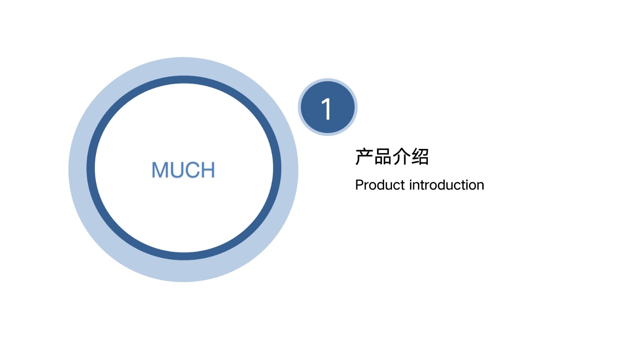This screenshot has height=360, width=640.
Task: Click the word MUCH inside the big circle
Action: pyautogui.click(x=183, y=170)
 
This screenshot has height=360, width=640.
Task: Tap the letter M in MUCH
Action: pyautogui.click(x=160, y=170)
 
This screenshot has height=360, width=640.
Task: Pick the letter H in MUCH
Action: pyautogui.click(x=208, y=170)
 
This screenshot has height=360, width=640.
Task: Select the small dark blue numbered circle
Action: pyautogui.click(x=328, y=107)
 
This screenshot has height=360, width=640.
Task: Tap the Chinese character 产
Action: pyautogui.click(x=364, y=156)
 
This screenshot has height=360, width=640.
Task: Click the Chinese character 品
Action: pyautogui.click(x=383, y=156)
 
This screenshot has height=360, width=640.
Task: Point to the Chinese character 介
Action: pyautogui.click(x=401, y=156)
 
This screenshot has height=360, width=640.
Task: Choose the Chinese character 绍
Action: pyautogui.click(x=420, y=156)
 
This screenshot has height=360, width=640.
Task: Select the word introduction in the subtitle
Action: pyautogui.click(x=447, y=185)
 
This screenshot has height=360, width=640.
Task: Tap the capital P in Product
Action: pyautogui.click(x=360, y=185)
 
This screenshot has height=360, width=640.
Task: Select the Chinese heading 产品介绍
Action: pyautogui.click(x=392, y=156)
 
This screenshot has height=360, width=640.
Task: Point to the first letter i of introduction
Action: pyautogui.click(x=411, y=185)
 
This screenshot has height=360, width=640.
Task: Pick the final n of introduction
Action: pyautogui.click(x=480, y=186)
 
